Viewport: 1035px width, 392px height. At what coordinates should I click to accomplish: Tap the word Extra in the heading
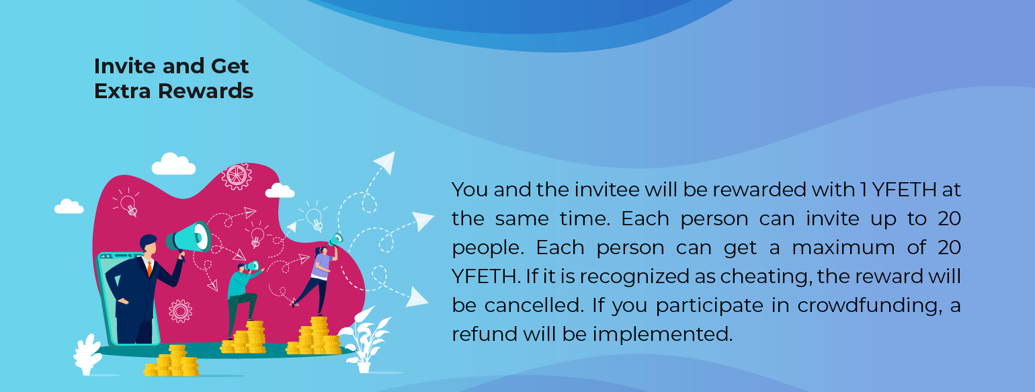[122, 91]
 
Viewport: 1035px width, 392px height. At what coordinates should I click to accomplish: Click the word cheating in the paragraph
[764, 276]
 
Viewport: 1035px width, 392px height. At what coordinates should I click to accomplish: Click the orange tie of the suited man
[149, 268]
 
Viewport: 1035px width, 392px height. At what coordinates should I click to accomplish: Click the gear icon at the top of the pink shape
[237, 176]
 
